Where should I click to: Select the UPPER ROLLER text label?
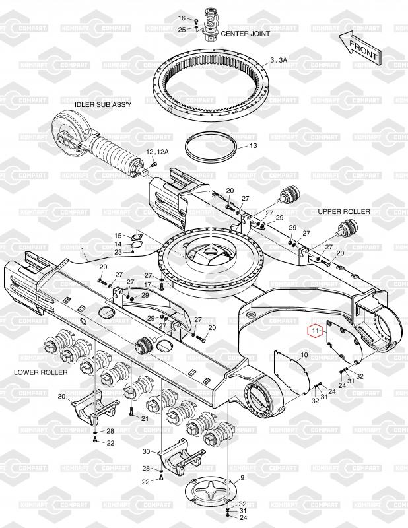click(344, 212)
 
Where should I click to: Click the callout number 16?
click(183, 18)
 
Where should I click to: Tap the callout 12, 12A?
click(157, 152)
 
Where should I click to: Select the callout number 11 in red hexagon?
click(316, 329)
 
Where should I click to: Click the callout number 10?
click(303, 355)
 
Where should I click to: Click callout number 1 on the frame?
click(84, 251)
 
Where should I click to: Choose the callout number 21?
click(145, 418)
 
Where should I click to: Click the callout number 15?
click(118, 236)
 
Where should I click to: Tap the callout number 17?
click(148, 285)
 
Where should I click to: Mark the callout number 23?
click(118, 252)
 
